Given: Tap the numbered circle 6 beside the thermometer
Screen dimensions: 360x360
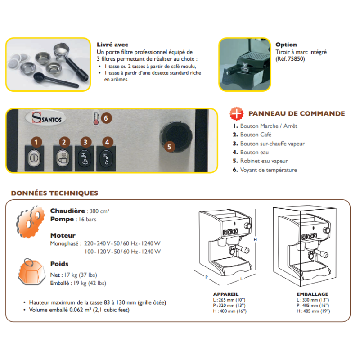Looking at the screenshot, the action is coord(106,118).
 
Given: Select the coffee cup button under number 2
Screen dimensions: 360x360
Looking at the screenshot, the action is coord(63,158).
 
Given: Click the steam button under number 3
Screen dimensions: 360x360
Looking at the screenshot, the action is coord(85,158).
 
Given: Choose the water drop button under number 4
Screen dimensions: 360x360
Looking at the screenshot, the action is coord(106,158).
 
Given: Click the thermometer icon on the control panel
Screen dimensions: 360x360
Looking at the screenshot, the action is coord(96,118).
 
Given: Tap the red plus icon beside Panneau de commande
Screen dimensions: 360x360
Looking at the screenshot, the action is coord(237,114).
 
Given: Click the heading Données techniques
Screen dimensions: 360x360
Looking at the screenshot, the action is coord(54,193).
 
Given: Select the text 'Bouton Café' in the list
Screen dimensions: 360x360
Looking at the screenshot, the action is coord(256,135).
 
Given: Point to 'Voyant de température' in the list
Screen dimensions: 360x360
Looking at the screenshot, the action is coord(268,170).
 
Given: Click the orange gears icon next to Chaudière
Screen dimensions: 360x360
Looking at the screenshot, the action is coord(30,222).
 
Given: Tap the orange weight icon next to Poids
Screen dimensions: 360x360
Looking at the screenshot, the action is coord(31,272).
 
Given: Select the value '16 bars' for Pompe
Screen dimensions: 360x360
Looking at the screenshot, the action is coord(87,220).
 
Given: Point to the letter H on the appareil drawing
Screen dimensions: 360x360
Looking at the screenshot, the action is coord(255,240).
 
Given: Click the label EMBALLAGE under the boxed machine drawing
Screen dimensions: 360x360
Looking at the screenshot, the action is coord(312,294).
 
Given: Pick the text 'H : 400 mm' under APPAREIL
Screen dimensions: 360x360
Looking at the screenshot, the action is coord(223,311).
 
